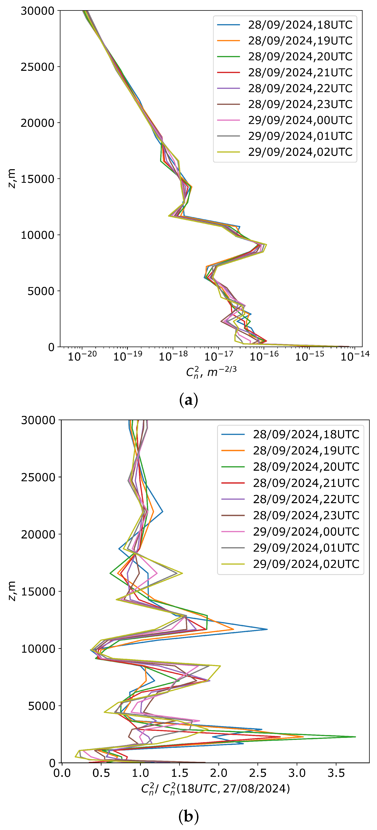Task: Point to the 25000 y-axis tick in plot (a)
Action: (x=37, y=67)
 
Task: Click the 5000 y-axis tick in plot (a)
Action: (x=41, y=291)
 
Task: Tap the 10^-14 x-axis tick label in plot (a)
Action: (x=355, y=356)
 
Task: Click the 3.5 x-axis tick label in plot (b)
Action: (x=336, y=773)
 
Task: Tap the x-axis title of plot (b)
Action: (x=215, y=789)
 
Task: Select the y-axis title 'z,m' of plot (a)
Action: (x=12, y=178)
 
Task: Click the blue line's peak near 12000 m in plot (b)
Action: (x=267, y=629)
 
